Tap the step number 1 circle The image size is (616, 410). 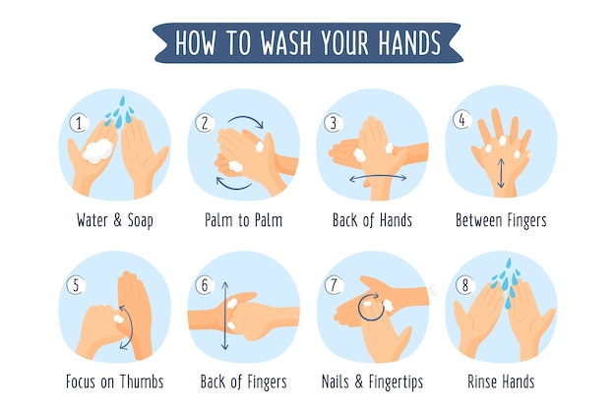(79, 123)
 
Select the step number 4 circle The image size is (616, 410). (462, 119)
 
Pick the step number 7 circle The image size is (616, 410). (334, 285)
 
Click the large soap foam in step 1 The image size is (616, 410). (97, 150)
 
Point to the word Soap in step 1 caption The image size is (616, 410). (140, 220)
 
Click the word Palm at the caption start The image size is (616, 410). (217, 220)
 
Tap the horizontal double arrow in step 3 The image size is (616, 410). (378, 178)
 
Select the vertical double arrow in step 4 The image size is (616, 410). (501, 173)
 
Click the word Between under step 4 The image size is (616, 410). (479, 220)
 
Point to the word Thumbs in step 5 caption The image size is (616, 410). (142, 381)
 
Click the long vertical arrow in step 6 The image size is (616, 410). (224, 316)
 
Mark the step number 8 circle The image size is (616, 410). (465, 285)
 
